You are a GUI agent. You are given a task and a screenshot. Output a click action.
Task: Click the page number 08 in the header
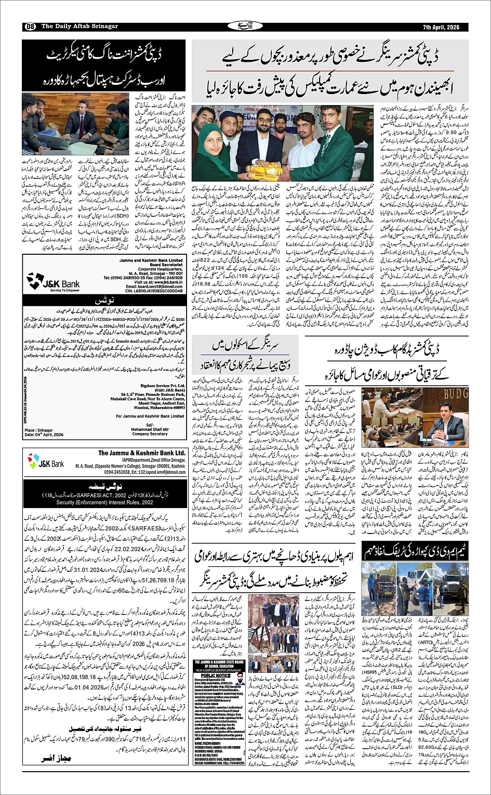29,27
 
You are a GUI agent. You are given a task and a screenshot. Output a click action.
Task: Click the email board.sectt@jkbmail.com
154,286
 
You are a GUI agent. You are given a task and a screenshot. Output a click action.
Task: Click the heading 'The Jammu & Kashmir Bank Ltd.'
142,453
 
